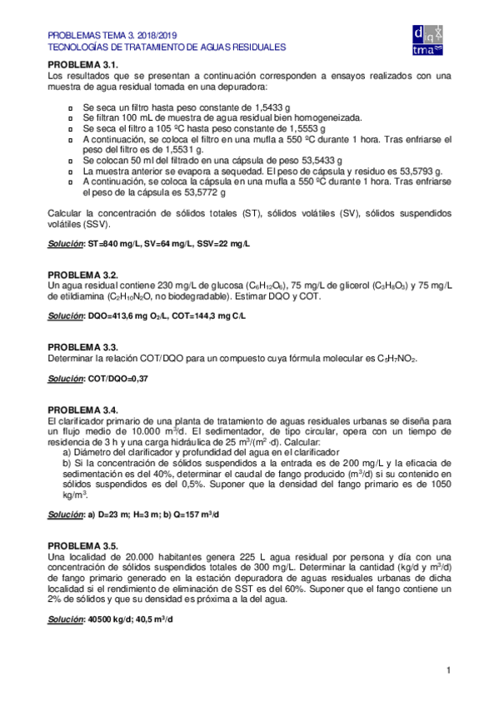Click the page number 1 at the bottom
point(448,670)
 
